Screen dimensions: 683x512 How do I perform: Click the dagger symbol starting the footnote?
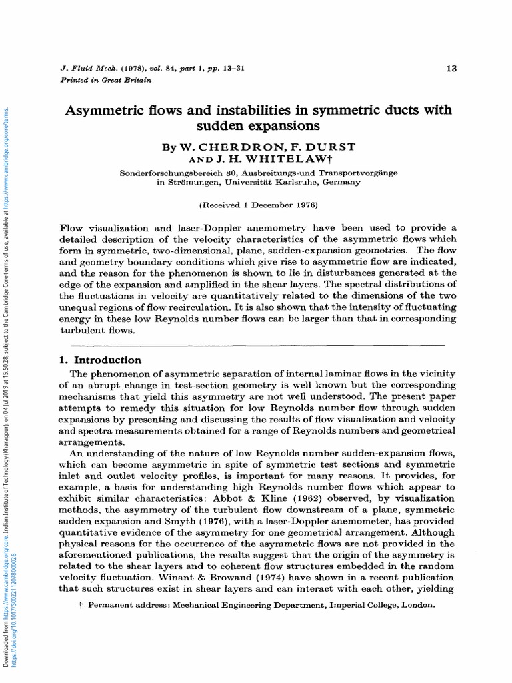point(81,605)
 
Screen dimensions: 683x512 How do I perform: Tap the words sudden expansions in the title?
point(257,125)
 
